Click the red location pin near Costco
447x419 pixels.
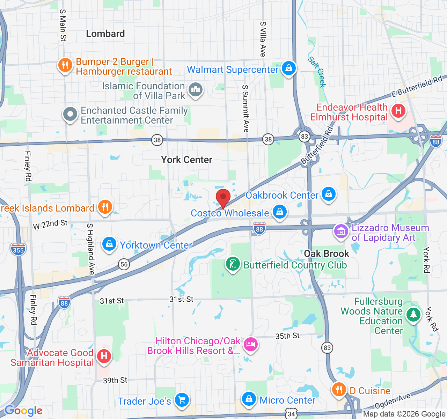[223, 198]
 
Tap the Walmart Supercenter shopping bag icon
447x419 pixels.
[288, 68]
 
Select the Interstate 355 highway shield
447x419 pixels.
[18, 250]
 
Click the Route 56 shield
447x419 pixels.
[124, 264]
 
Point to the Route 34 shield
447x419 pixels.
[291, 414]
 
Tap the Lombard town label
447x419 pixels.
[105, 34]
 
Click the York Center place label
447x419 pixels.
[186, 160]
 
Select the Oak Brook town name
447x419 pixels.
[326, 253]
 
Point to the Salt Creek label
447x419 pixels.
[317, 72]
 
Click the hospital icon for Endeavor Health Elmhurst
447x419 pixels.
[398, 111]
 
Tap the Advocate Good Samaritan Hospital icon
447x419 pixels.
[104, 356]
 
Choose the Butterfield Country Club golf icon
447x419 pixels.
[233, 264]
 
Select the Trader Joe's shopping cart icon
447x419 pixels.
[182, 400]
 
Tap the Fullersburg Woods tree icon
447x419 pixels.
[413, 315]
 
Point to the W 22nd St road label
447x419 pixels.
[50, 224]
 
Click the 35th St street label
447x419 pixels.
[287, 336]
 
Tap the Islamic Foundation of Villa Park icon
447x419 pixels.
[196, 90]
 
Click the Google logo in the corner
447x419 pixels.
[23, 411]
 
